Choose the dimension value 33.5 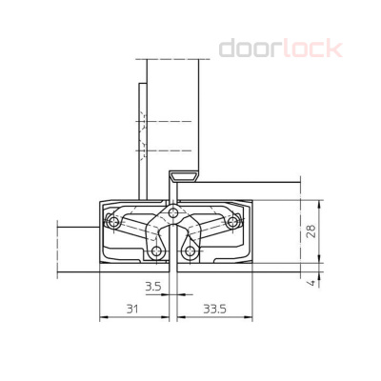coord(214,310)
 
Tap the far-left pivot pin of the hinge coord(113,223)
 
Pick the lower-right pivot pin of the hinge coord(193,252)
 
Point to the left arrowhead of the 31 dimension coord(102,319)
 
